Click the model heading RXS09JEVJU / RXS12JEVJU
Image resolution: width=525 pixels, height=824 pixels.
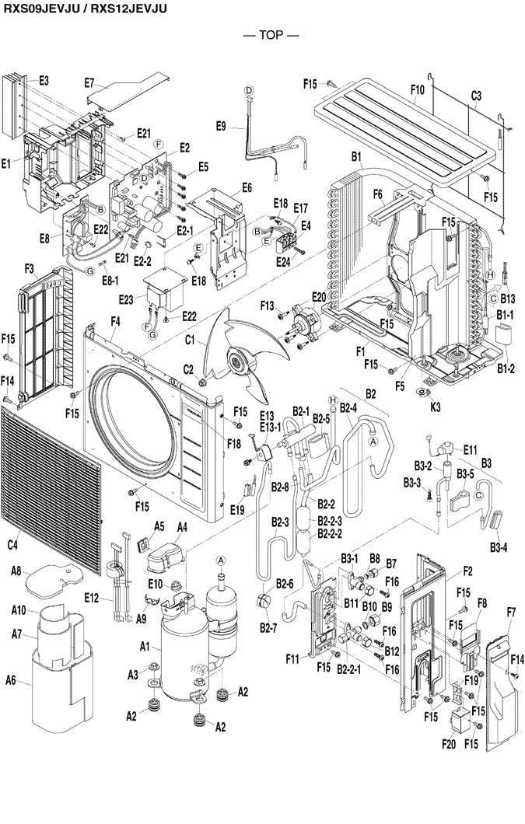coord(85,8)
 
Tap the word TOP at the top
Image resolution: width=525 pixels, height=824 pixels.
coord(261,35)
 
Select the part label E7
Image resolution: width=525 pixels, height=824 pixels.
coord(89,82)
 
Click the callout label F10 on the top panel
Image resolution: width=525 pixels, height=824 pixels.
coord(417,90)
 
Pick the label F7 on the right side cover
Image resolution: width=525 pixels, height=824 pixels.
coord(511,612)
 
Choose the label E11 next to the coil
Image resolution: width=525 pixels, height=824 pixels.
coord(470,449)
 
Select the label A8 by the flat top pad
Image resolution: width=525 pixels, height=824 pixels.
coord(16,571)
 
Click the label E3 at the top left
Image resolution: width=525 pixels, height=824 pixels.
coord(44,81)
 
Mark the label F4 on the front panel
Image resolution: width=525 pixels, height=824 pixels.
coord(115,320)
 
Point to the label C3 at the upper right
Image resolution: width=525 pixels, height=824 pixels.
coord(476,95)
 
